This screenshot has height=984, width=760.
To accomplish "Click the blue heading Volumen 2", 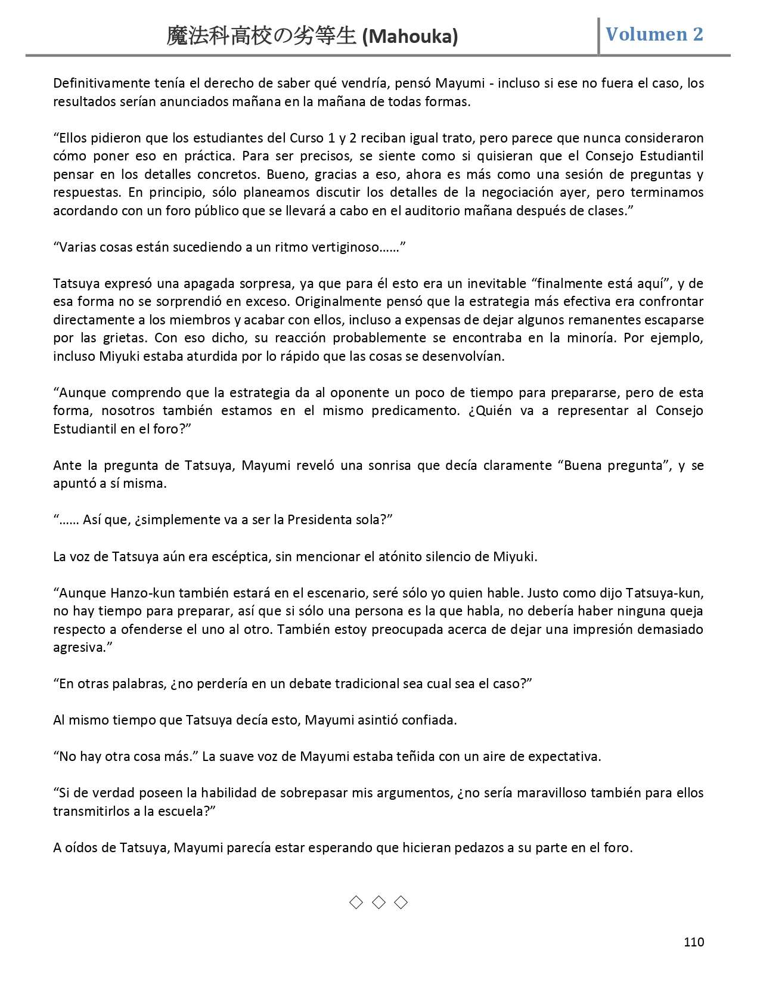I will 654,34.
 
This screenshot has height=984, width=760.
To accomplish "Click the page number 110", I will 694,942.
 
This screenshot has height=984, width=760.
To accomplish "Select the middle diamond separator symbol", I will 379,902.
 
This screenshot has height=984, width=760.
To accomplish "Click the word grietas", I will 122,338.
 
